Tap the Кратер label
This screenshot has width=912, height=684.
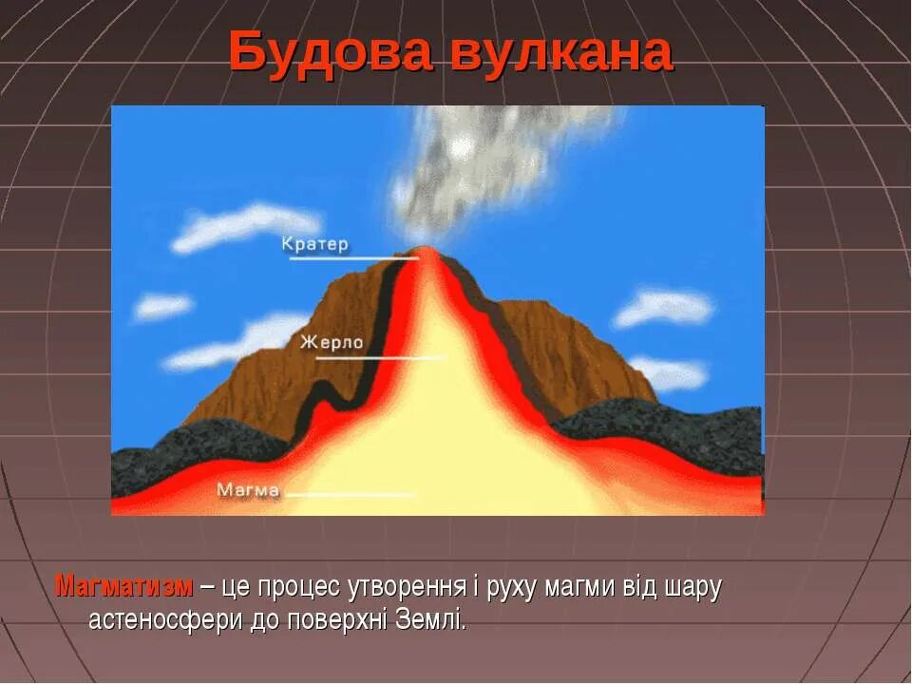tap(315, 244)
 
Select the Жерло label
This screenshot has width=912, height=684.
tap(332, 343)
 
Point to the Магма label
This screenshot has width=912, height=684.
tap(248, 490)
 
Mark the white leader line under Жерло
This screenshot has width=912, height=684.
tap(379, 358)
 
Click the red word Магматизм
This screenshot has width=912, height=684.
tap(124, 586)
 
